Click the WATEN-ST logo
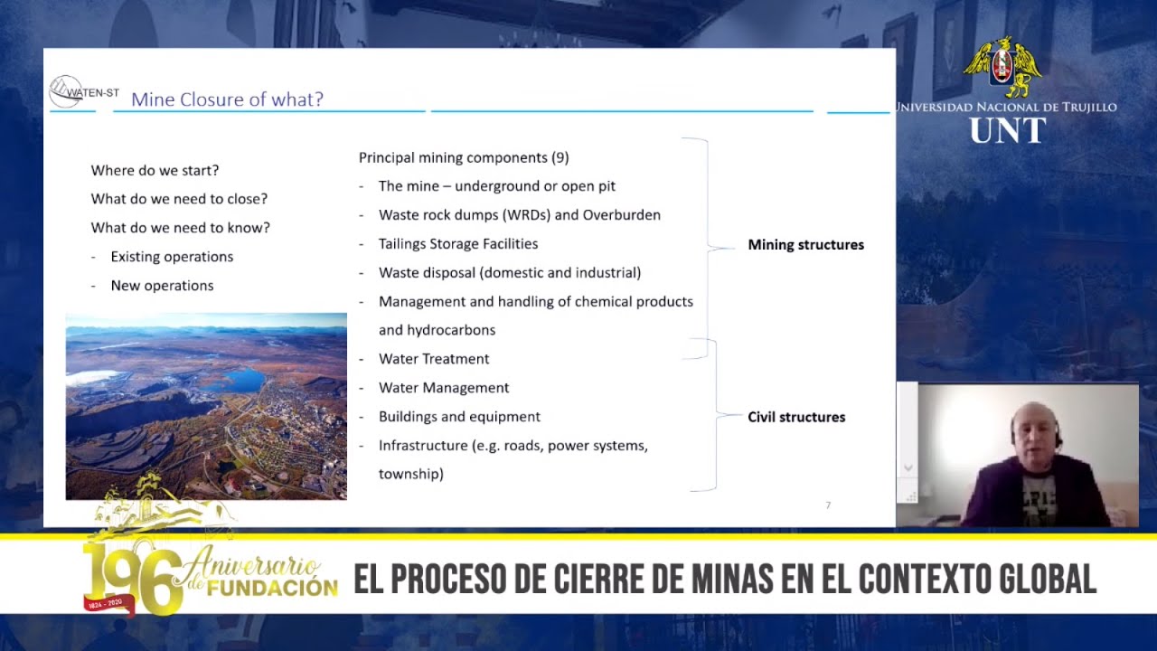coord(83,91)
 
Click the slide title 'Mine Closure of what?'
coord(227,99)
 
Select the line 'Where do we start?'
coord(155,170)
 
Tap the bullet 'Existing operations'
coord(172,257)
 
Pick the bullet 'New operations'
coord(162,286)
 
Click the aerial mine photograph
coord(206,406)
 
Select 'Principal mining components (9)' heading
coord(464,157)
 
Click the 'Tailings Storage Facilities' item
coord(458,244)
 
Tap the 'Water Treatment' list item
coord(434,359)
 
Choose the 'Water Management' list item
coord(444,388)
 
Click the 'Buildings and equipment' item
coord(459,417)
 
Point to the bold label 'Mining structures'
coord(805,245)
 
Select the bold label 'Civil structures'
coord(796,417)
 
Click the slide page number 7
coord(828,505)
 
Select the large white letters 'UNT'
coord(1007,131)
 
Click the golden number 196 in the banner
coord(131,579)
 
